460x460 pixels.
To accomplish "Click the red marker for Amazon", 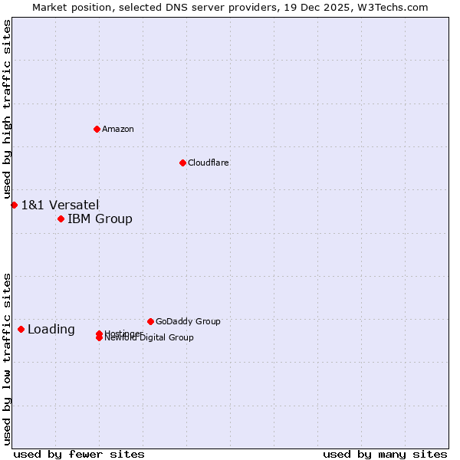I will click(x=97, y=129).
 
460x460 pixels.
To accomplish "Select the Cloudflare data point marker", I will click(x=182, y=163).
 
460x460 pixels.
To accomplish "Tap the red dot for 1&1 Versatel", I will click(x=14, y=205).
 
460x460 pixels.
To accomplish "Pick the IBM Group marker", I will click(x=61, y=219).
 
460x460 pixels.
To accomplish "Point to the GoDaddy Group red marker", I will click(x=150, y=321).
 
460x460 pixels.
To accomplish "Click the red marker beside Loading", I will click(x=21, y=330).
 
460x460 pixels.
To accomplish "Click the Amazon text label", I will click(x=118, y=129).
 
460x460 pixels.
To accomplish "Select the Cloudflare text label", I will click(x=209, y=163).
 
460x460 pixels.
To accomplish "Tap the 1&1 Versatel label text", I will click(x=60, y=205).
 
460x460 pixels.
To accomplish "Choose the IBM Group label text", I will click(x=100, y=219).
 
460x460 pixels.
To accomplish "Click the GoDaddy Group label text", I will click(x=188, y=321).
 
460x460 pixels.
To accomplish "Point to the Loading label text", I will click(x=51, y=330).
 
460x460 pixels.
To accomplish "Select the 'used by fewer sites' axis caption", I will click(x=79, y=454).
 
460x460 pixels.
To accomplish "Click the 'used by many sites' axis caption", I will click(x=385, y=454).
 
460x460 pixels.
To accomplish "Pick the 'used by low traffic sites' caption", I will click(x=7, y=359).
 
